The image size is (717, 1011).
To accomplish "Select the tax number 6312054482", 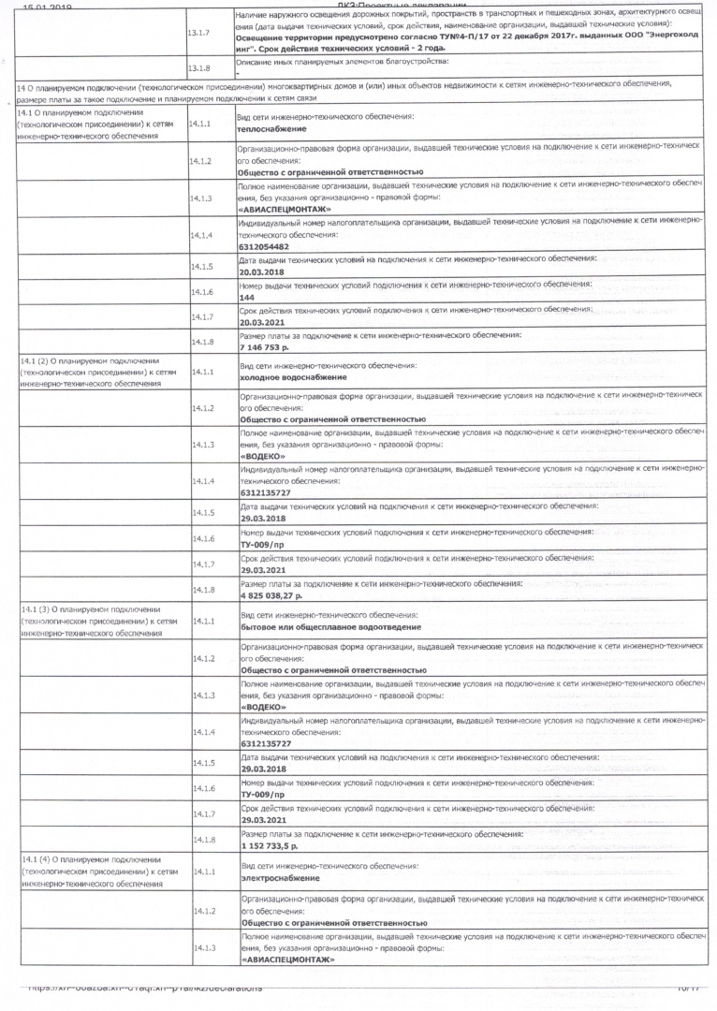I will pos(264,246).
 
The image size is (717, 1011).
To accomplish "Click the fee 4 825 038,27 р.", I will pos(277,593).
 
